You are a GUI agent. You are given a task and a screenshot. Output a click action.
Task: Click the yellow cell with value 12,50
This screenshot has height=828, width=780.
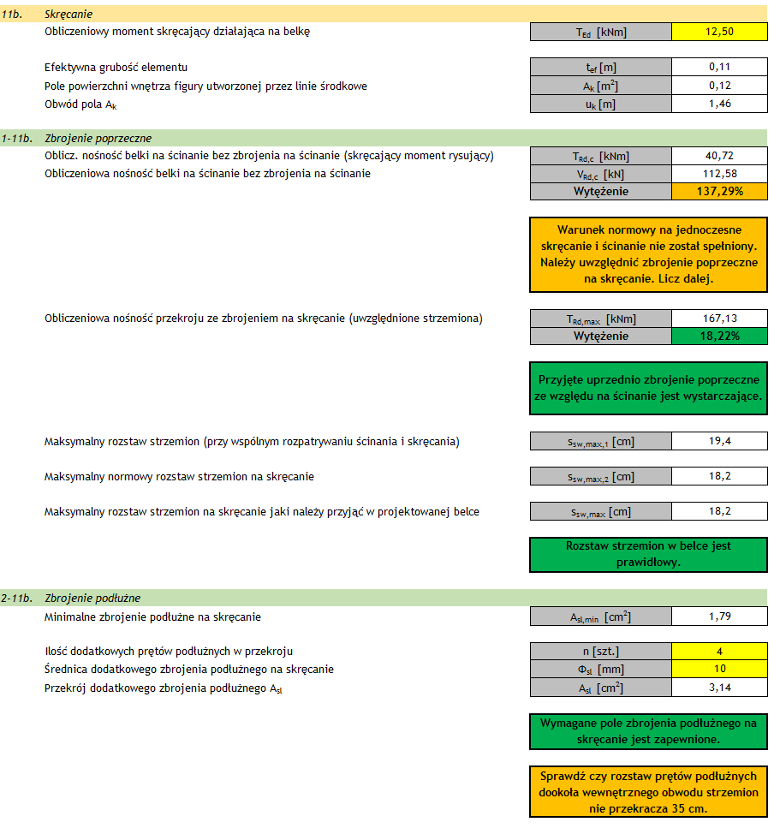coord(719,33)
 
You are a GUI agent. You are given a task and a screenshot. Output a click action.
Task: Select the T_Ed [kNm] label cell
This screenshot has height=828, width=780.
coord(601,33)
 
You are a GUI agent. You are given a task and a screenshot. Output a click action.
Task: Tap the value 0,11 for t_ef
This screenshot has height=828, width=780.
coord(719,67)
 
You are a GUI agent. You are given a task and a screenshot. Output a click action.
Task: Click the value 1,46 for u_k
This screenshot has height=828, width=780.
coord(719,104)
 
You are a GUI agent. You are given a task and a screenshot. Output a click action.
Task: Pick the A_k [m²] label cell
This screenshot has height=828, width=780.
coord(601,86)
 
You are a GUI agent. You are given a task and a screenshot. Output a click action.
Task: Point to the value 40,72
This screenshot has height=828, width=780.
coord(719,156)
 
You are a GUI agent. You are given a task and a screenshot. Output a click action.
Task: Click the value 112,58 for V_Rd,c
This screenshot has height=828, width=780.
coord(719,174)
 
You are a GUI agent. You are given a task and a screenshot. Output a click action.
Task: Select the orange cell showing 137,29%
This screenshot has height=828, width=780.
coord(719,192)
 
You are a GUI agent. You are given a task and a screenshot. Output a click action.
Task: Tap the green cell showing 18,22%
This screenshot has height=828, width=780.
coord(719,337)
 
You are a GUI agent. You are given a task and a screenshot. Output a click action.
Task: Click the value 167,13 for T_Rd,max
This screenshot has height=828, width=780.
coord(719,319)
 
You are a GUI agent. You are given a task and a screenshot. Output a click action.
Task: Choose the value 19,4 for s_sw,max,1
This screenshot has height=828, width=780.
coord(719,442)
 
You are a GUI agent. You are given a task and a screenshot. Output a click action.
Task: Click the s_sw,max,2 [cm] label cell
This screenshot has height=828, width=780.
coord(601,477)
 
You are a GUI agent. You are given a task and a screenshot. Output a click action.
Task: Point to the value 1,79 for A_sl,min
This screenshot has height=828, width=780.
coord(719,617)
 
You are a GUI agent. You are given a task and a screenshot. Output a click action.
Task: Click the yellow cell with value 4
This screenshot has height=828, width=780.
coord(719,651)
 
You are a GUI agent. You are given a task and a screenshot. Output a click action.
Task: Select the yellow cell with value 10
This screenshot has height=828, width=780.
coord(719,669)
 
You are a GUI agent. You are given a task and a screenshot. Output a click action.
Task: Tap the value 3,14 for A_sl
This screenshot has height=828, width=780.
coord(719,687)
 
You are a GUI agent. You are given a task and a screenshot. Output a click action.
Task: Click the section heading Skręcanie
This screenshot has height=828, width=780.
coord(68,15)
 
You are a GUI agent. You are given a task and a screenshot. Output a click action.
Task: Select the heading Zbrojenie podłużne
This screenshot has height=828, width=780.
coord(92,598)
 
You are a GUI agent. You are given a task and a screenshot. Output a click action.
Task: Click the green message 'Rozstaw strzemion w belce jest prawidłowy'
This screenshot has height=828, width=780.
coord(648,554)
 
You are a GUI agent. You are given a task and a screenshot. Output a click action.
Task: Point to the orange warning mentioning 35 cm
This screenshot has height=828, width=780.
coord(648,792)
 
